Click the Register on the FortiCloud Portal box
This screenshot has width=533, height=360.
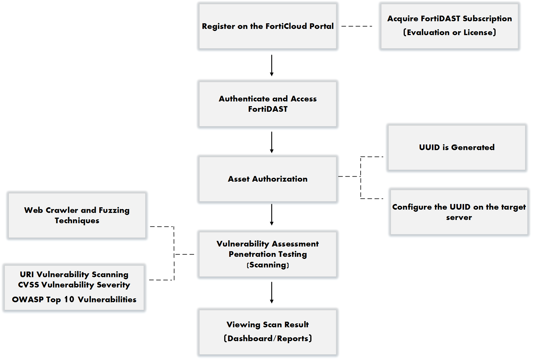(268, 26)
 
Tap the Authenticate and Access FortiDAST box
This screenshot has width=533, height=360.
(268, 104)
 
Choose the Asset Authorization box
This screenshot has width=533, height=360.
(268, 179)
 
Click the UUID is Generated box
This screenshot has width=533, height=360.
(457, 147)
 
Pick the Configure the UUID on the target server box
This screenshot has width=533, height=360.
(459, 212)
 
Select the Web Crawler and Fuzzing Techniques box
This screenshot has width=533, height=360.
(77, 215)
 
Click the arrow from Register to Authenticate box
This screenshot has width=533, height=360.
(272, 65)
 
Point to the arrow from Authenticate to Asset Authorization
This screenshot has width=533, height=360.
(272, 142)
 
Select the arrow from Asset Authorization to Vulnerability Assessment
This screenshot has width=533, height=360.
(272, 215)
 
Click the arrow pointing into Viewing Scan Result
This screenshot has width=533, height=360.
(272, 292)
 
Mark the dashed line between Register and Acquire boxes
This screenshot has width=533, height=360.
(357, 26)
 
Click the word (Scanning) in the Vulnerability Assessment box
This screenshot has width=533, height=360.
(268, 265)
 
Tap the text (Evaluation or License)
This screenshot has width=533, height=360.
(449, 32)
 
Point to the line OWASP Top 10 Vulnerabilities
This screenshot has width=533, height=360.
(74, 300)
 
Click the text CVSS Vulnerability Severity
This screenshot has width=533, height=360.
(74, 285)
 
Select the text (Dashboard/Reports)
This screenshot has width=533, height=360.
(268, 338)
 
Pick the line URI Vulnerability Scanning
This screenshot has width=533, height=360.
(74, 274)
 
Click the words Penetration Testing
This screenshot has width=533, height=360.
(268, 254)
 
